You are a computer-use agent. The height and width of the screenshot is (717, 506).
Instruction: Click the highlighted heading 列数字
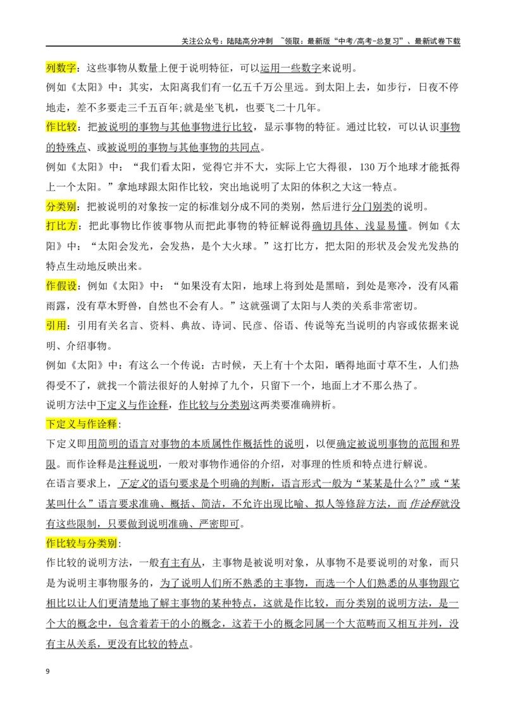[61, 68]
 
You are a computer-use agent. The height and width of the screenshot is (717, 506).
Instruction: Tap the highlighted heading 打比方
[61, 226]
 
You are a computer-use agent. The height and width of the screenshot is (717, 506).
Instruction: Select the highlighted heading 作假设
[61, 286]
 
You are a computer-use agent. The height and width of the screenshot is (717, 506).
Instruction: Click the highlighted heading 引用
[56, 326]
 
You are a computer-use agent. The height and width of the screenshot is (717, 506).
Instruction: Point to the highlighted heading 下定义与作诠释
[82, 424]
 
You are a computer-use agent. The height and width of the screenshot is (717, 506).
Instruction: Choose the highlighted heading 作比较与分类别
[82, 543]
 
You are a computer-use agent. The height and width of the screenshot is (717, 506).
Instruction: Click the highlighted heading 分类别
[61, 206]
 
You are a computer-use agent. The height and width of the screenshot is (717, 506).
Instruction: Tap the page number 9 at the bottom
[48, 671]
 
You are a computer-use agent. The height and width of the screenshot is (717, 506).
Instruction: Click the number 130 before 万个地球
[367, 167]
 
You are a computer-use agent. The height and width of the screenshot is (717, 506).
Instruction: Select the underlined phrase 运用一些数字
[291, 68]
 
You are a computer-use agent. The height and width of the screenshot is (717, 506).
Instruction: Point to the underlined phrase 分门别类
[372, 206]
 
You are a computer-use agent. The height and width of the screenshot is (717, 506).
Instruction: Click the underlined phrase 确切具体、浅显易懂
[360, 226]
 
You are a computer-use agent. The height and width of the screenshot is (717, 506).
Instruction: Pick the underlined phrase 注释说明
[138, 464]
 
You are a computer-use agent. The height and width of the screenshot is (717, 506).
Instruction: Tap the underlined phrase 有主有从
[181, 563]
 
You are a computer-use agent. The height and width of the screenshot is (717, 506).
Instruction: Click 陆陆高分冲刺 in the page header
[250, 41]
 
